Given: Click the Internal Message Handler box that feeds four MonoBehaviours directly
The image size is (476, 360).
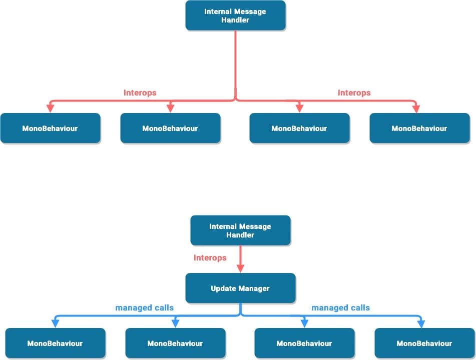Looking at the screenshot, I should pyautogui.click(x=235, y=15).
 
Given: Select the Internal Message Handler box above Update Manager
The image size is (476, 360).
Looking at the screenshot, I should pyautogui.click(x=240, y=230).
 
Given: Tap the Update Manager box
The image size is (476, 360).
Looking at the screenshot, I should pyautogui.click(x=240, y=288).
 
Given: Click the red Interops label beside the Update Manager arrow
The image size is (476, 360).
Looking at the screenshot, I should pyautogui.click(x=210, y=258).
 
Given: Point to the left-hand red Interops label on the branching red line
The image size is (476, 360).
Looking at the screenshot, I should pyautogui.click(x=140, y=92).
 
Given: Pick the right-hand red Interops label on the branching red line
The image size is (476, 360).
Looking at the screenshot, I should pyautogui.click(x=354, y=92).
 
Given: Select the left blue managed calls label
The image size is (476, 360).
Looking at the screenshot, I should pyautogui.click(x=144, y=307).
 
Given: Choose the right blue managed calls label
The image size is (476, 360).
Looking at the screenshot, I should pyautogui.click(x=340, y=307).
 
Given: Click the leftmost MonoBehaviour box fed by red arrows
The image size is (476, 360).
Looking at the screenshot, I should pyautogui.click(x=50, y=128).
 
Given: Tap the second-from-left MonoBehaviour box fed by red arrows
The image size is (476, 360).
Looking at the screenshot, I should pyautogui.click(x=170, y=128).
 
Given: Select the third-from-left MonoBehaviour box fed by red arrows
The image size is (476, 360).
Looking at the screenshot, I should pyautogui.click(x=299, y=128).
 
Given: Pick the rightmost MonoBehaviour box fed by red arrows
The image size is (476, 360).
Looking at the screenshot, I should pyautogui.click(x=419, y=128).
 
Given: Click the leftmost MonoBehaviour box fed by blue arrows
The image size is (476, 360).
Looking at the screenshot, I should pyautogui.click(x=55, y=343).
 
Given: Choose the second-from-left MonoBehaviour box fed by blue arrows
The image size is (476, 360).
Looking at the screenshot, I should pyautogui.click(x=175, y=343).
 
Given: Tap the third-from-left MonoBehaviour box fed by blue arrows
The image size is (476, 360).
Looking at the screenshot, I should pyautogui.click(x=304, y=343).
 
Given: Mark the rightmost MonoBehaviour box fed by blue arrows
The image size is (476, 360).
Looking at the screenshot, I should pyautogui.click(x=424, y=343).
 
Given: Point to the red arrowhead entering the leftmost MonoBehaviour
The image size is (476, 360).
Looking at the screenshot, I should pyautogui.click(x=50, y=108).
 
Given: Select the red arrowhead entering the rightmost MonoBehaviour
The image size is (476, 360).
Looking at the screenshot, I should pyautogui.click(x=416, y=108).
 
